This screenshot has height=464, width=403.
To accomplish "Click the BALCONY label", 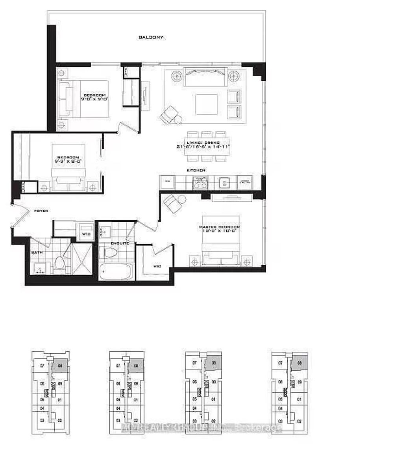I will coord(151,37).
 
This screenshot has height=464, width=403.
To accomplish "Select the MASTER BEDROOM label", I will coord(221,227).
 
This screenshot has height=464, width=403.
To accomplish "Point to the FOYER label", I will coord(41,211).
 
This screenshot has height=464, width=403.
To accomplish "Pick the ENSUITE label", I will coord(120,243).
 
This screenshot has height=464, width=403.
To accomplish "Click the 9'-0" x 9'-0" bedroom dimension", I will coord(94,100).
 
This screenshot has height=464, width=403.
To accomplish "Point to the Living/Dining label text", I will coord(203,143).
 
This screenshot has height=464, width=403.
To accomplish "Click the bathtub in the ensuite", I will coord(115,272).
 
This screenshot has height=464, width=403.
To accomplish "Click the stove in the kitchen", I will coord(200,182).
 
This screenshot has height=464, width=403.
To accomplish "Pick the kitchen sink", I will coord(224,182).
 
